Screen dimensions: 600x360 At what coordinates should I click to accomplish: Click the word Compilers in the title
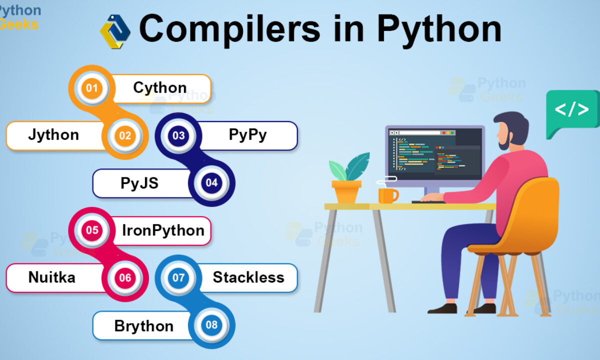click(229, 29)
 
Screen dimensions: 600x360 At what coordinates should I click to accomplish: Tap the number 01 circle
click(91, 88)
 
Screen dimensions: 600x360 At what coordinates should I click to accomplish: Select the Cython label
click(160, 87)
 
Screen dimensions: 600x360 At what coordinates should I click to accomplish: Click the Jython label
click(53, 134)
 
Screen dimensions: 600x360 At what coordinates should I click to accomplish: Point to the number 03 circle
click(178, 135)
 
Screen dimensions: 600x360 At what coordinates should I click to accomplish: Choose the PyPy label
click(248, 134)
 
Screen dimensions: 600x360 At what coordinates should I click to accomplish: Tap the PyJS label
click(139, 183)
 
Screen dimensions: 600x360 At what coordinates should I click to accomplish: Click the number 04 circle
click(211, 183)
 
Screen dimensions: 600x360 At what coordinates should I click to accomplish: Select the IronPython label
click(163, 230)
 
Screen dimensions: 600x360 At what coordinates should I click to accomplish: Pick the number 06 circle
click(125, 278)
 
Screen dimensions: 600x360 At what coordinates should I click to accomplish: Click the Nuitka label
click(51, 277)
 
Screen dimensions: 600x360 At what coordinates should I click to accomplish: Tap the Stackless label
click(248, 277)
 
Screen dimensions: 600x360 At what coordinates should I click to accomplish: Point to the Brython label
click(144, 326)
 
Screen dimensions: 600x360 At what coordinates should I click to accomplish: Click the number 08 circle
click(211, 325)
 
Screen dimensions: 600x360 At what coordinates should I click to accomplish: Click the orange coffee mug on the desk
click(388, 196)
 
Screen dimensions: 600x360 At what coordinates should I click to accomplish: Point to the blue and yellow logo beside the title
click(115, 31)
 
